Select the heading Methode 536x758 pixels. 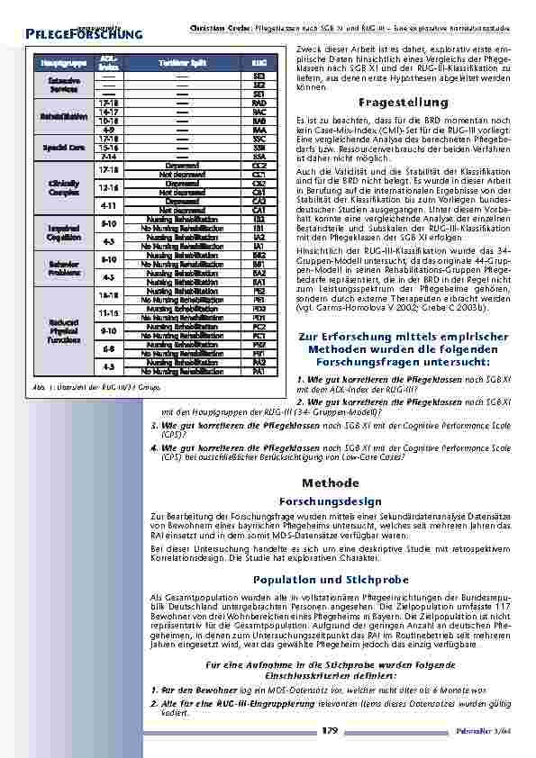tap(331, 483)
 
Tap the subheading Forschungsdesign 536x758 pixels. tap(331, 501)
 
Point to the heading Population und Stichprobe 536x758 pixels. tap(331, 579)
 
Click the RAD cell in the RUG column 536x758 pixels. tap(259, 103)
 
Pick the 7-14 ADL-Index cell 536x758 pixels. tap(107, 156)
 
